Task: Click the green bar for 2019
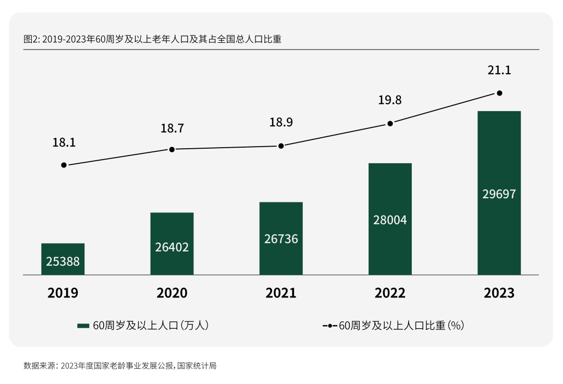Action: (x=63, y=259)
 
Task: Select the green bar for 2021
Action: (x=281, y=238)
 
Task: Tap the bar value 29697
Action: (x=499, y=194)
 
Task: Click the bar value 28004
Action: (x=390, y=220)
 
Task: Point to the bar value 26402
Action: (x=172, y=247)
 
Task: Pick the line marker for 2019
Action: (x=64, y=165)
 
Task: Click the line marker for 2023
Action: (x=499, y=93)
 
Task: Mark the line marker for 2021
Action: (x=281, y=146)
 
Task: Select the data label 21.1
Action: (x=499, y=70)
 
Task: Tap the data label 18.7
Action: (x=172, y=128)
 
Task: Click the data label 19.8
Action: (x=390, y=100)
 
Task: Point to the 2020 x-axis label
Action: (x=172, y=293)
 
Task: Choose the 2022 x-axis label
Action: (x=390, y=293)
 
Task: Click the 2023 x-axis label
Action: (x=499, y=293)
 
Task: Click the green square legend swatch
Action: (x=83, y=326)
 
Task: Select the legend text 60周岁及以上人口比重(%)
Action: (x=401, y=326)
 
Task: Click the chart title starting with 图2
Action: (x=152, y=39)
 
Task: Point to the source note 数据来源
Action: (x=120, y=366)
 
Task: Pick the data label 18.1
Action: (x=64, y=142)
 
